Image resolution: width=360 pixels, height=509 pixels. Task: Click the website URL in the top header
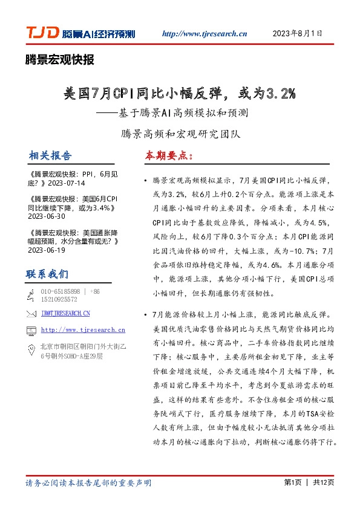point(205,34)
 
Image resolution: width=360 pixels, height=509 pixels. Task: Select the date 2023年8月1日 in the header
point(298,33)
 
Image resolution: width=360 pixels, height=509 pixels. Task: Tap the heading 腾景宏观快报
point(60,60)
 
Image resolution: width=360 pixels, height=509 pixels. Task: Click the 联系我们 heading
point(47,274)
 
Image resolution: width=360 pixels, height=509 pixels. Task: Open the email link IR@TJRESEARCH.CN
point(65,314)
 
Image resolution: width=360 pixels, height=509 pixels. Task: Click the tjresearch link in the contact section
point(83,330)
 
